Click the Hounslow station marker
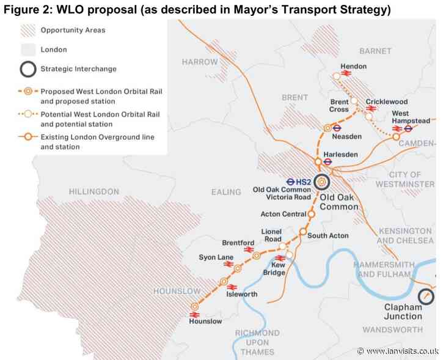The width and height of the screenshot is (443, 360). coord(195,307)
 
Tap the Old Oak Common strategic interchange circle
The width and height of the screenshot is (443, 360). coord(321,182)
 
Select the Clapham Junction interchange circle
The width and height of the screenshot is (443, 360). coord(427,297)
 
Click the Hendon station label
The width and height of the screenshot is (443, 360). coord(354,65)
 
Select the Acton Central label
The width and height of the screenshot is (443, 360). coord(282,215)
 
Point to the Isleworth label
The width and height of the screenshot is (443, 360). coord(242,294)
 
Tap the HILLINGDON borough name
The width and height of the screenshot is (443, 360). coord(94,191)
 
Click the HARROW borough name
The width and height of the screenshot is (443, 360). coord(199,62)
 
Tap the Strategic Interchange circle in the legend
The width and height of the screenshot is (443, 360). coord(26,69)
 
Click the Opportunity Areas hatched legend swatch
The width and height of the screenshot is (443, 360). coord(26,30)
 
